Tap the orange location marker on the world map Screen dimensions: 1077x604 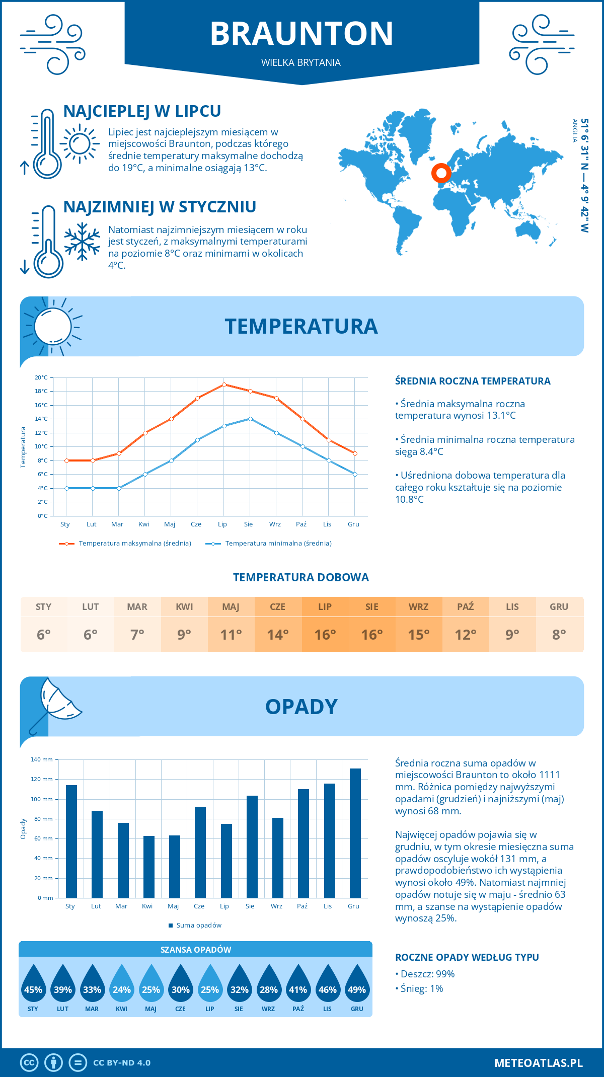(x=441, y=174)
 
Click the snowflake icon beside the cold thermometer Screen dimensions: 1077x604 (x=82, y=242)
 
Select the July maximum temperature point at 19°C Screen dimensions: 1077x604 (x=224, y=384)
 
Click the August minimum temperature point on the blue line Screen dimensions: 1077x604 (x=250, y=419)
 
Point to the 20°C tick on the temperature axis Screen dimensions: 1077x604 (x=41, y=377)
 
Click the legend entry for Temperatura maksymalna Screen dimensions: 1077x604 (x=134, y=544)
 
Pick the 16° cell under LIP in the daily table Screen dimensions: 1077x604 (x=325, y=635)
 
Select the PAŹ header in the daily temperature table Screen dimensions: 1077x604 (x=465, y=607)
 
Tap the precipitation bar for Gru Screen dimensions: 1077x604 (x=355, y=833)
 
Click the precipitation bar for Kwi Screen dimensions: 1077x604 (x=148, y=867)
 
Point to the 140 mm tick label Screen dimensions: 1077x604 (x=42, y=759)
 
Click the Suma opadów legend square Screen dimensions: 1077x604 (x=171, y=926)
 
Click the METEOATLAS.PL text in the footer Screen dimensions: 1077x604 (x=538, y=1063)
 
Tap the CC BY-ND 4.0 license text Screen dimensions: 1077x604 (x=122, y=1063)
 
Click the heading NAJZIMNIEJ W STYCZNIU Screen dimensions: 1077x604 (x=160, y=207)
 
